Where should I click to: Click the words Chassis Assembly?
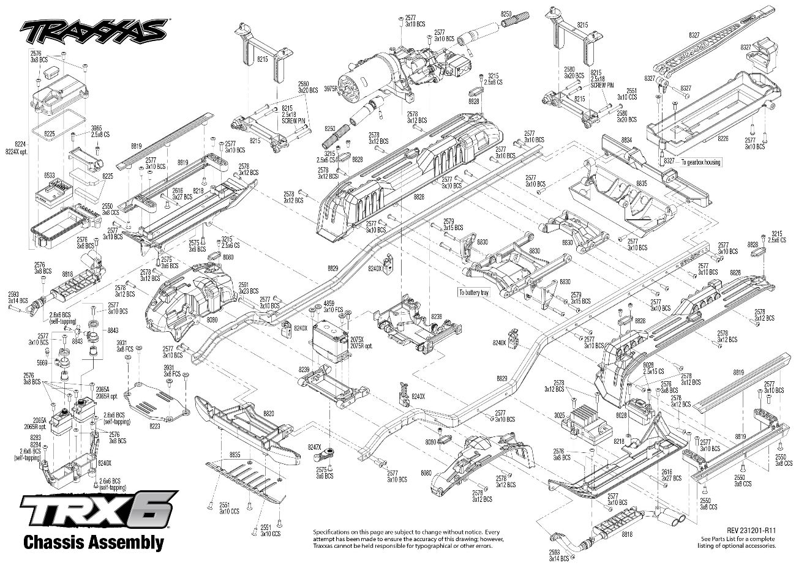(x=93, y=542)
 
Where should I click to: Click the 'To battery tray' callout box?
(x=474, y=293)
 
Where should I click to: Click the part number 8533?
(x=49, y=176)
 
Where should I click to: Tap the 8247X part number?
(x=314, y=447)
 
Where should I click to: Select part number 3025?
(x=558, y=416)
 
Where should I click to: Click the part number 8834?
(x=625, y=140)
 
